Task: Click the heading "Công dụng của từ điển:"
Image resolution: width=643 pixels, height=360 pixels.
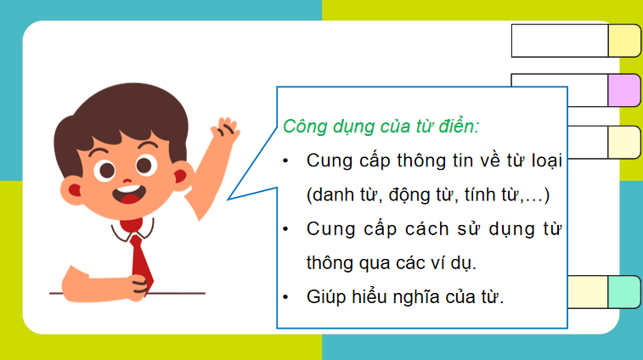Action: coord(381,127)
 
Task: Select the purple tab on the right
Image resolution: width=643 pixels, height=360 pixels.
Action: coord(623,89)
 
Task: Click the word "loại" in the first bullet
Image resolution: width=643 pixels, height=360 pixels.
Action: coord(545,160)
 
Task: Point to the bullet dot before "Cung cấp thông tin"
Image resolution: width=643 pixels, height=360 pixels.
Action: coord(287,160)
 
